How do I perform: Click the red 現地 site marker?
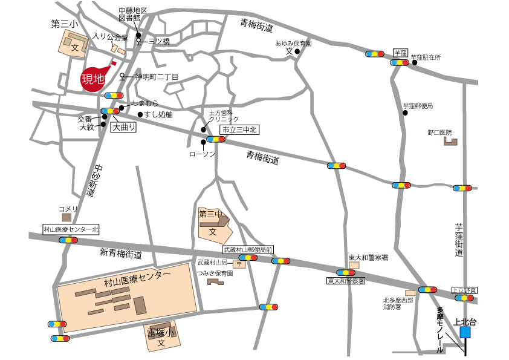pos(94,79)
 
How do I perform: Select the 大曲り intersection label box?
pos(123,128)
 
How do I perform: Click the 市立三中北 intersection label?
pos(238,130)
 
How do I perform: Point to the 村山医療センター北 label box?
pos(71,230)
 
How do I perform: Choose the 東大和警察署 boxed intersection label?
pos(346,281)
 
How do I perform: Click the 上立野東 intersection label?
pos(465,290)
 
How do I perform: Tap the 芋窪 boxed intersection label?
pos(400,53)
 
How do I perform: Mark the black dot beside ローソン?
pos(203,143)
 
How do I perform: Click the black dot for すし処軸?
pos(140,114)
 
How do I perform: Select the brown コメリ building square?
pos(66,217)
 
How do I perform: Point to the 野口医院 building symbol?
pos(450,142)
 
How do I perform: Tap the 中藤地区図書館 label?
pos(133,15)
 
